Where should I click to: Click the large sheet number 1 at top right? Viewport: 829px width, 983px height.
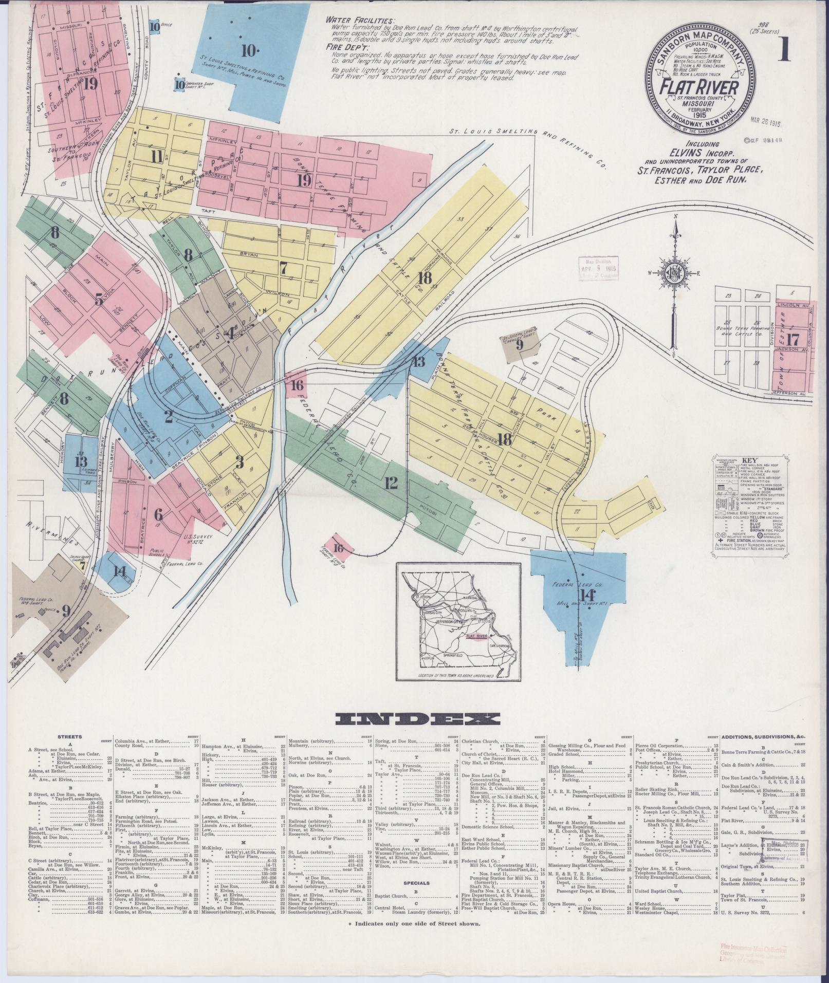click(x=784, y=51)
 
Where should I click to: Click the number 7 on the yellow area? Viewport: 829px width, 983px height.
click(x=283, y=267)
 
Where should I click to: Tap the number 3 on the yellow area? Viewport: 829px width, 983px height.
click(x=240, y=463)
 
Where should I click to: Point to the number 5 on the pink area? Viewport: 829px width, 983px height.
click(x=99, y=300)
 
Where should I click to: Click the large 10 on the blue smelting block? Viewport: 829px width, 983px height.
click(x=249, y=51)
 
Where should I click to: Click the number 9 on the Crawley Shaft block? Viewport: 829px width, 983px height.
click(x=520, y=345)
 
